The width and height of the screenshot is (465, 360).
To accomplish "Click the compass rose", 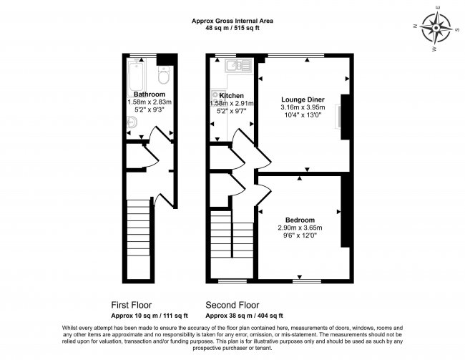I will pos(435,29).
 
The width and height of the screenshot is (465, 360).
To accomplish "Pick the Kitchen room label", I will pos(232,95).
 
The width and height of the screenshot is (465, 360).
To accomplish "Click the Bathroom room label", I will pos(150,94).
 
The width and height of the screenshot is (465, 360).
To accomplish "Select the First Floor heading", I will pos(131,304).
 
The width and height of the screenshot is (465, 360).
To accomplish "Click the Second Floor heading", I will pos(232,304).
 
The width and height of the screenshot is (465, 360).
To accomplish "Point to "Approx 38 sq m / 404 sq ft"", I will pos(244,316).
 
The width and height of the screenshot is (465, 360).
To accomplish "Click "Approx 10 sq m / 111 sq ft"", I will pos(150,316).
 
